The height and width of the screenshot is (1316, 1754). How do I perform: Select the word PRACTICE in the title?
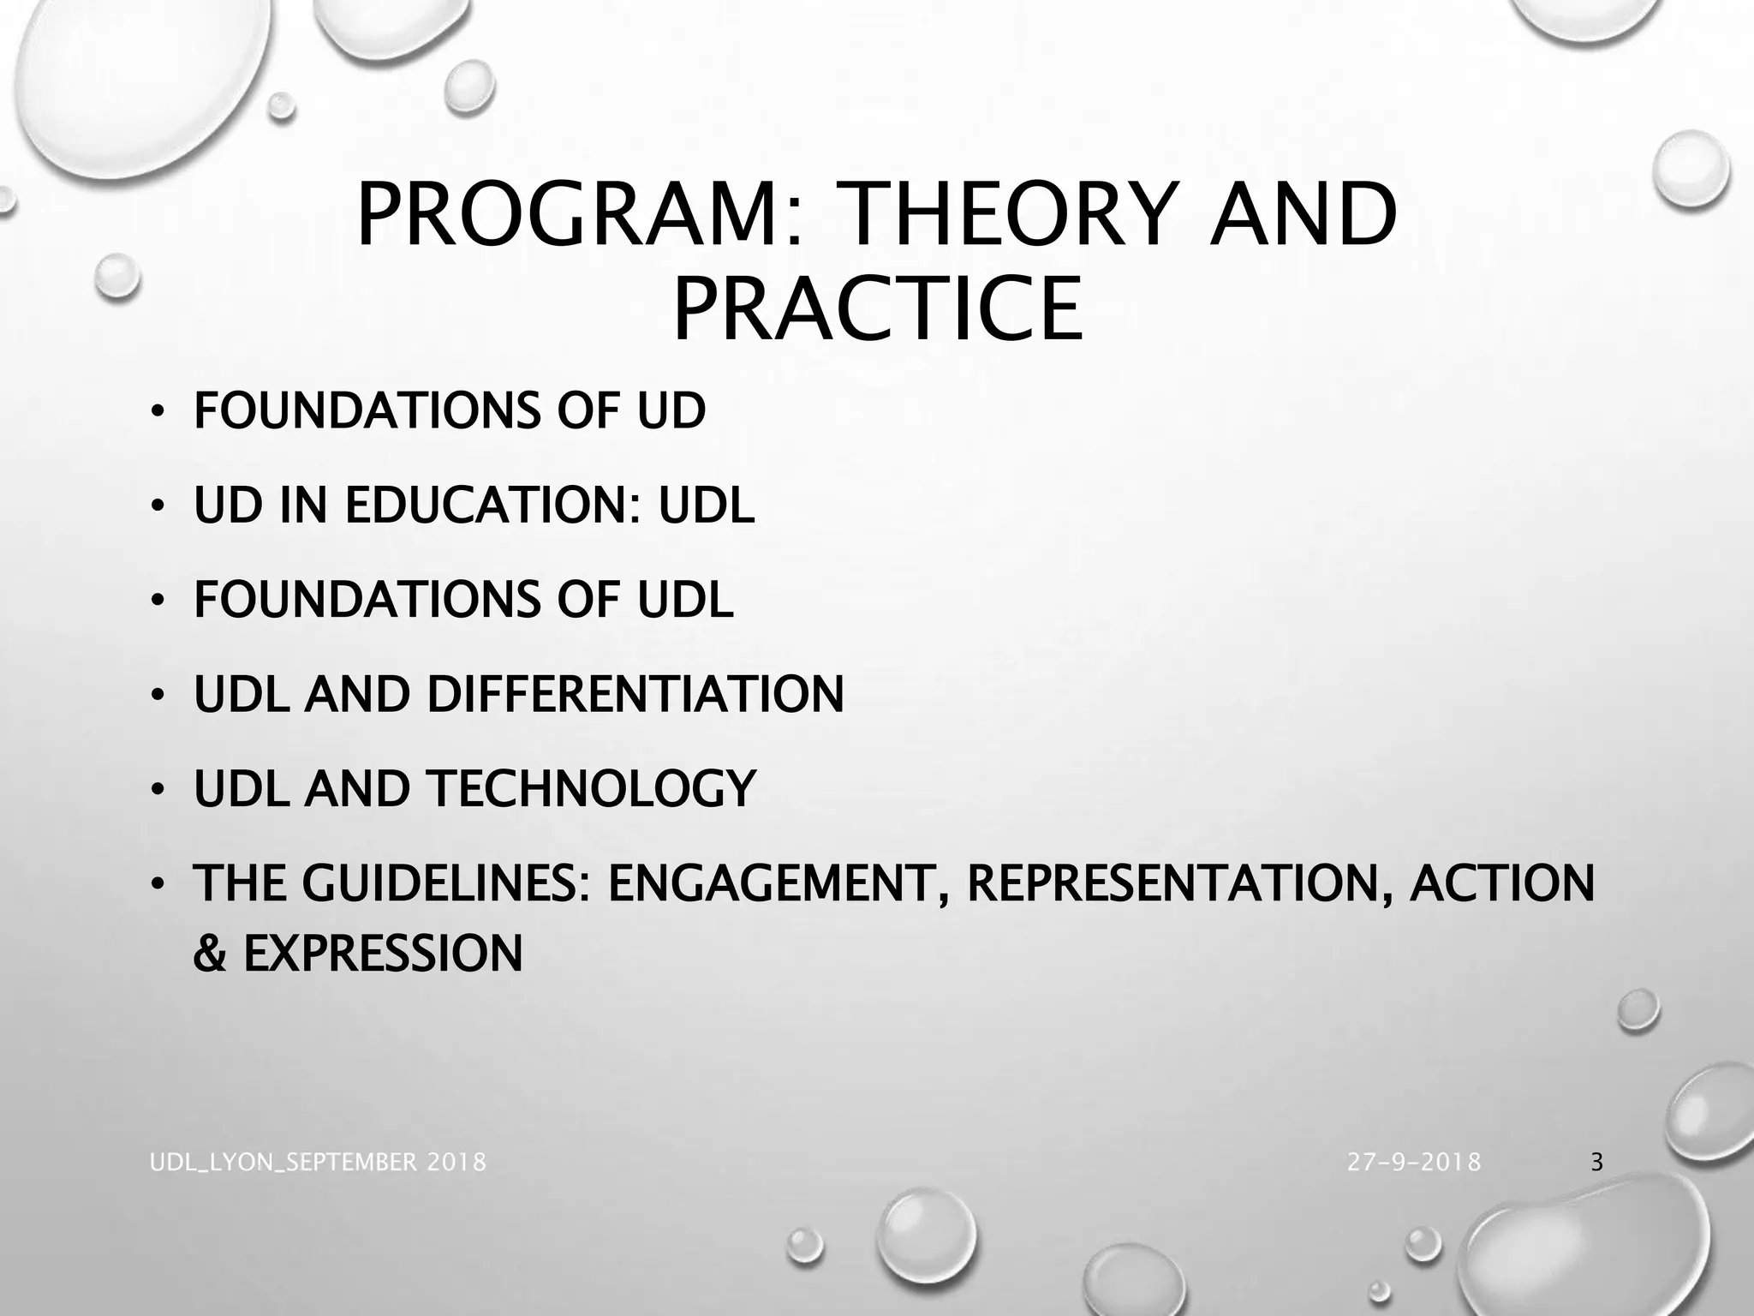pos(877,309)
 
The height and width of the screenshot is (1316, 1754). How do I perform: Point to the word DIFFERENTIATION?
pos(635,694)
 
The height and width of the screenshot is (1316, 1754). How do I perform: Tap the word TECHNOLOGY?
pos(591,788)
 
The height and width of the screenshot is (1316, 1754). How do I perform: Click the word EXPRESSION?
pos(383,953)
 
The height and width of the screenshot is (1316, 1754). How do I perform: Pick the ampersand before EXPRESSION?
pos(209,953)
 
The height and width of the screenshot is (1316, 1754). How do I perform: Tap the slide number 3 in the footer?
pos(1596,1163)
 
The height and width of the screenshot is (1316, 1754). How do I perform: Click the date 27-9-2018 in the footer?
pos(1413,1163)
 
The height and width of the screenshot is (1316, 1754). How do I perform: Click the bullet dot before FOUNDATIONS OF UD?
pos(156,412)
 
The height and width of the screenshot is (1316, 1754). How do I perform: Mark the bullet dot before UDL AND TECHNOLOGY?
pos(156,790)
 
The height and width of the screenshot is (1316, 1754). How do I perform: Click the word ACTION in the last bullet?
pos(1503,883)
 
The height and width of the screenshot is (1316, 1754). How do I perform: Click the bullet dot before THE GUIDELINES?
pos(156,885)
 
